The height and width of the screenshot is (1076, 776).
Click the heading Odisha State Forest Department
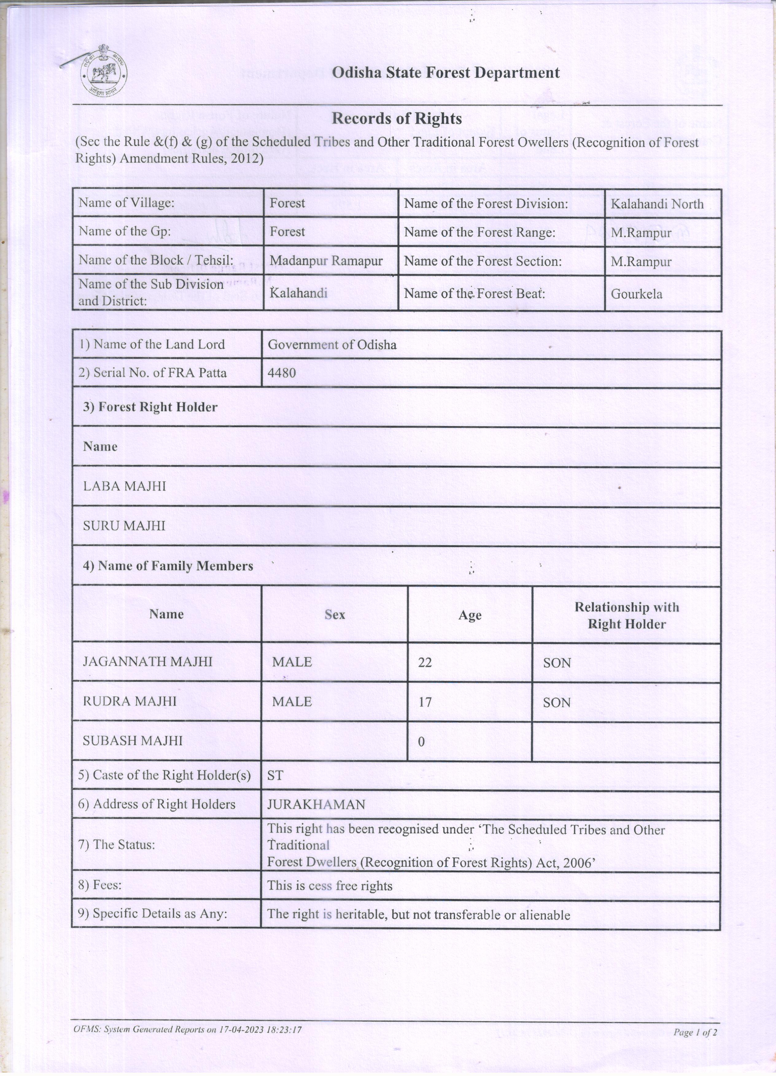[445, 73]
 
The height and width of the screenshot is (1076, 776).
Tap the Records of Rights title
[396, 119]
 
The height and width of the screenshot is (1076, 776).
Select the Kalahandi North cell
[657, 204]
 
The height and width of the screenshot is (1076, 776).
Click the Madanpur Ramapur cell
[326, 260]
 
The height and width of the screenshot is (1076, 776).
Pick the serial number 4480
[281, 373]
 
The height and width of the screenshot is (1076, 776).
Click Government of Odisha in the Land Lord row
[332, 345]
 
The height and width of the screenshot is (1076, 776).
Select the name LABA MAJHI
[124, 486]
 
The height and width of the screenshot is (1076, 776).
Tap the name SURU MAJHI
[124, 526]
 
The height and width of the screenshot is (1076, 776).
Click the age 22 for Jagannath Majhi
[425, 662]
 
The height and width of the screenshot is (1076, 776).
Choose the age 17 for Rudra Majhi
[425, 702]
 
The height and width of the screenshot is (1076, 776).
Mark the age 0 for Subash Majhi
[421, 742]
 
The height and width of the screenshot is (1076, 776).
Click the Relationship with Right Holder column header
[627, 615]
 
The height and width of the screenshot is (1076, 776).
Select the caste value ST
[275, 776]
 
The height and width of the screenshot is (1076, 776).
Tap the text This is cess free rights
[330, 886]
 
